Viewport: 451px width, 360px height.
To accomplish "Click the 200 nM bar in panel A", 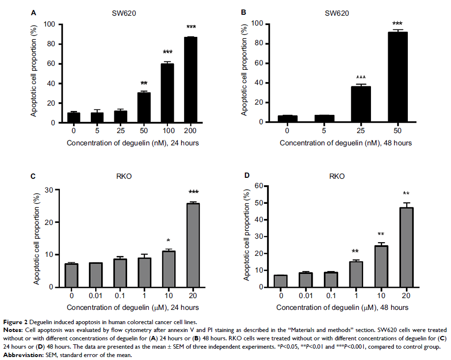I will click(191, 80).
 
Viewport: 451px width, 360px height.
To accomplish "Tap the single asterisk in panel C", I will click(169, 241).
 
